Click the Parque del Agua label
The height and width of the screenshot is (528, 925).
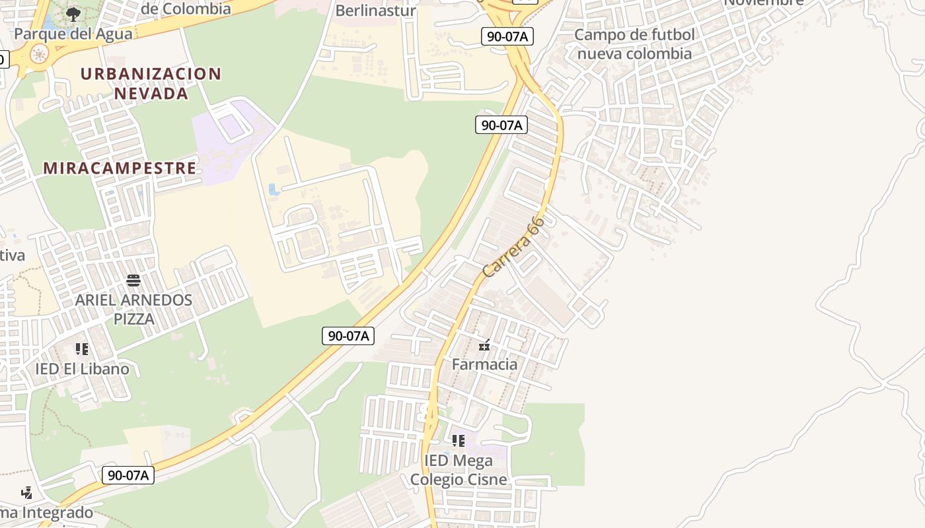[73, 34]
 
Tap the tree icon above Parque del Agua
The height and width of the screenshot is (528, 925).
[73, 13]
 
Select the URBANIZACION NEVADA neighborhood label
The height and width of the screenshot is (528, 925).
[151, 83]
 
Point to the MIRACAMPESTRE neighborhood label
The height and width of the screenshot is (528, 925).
[120, 168]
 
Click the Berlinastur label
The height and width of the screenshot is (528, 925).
[375, 11]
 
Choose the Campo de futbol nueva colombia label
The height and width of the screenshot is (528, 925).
[634, 44]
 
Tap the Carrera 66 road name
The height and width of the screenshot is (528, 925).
[513, 247]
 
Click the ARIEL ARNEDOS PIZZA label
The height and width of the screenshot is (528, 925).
[133, 310]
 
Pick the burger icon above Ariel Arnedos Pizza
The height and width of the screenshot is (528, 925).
[133, 280]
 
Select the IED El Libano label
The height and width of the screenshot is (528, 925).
[82, 369]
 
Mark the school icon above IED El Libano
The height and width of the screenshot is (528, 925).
[82, 348]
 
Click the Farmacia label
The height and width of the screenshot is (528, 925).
[484, 364]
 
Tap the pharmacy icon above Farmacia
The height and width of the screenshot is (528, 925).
[484, 345]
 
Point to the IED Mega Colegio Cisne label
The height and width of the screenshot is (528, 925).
[459, 470]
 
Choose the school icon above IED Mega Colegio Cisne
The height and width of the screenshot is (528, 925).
[458, 440]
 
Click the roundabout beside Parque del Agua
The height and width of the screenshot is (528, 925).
[40, 55]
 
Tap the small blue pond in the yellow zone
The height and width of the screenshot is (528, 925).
[274, 190]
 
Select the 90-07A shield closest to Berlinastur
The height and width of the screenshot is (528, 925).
[507, 37]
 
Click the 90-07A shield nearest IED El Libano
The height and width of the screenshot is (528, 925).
[128, 475]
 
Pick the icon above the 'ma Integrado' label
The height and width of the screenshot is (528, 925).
[26, 492]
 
